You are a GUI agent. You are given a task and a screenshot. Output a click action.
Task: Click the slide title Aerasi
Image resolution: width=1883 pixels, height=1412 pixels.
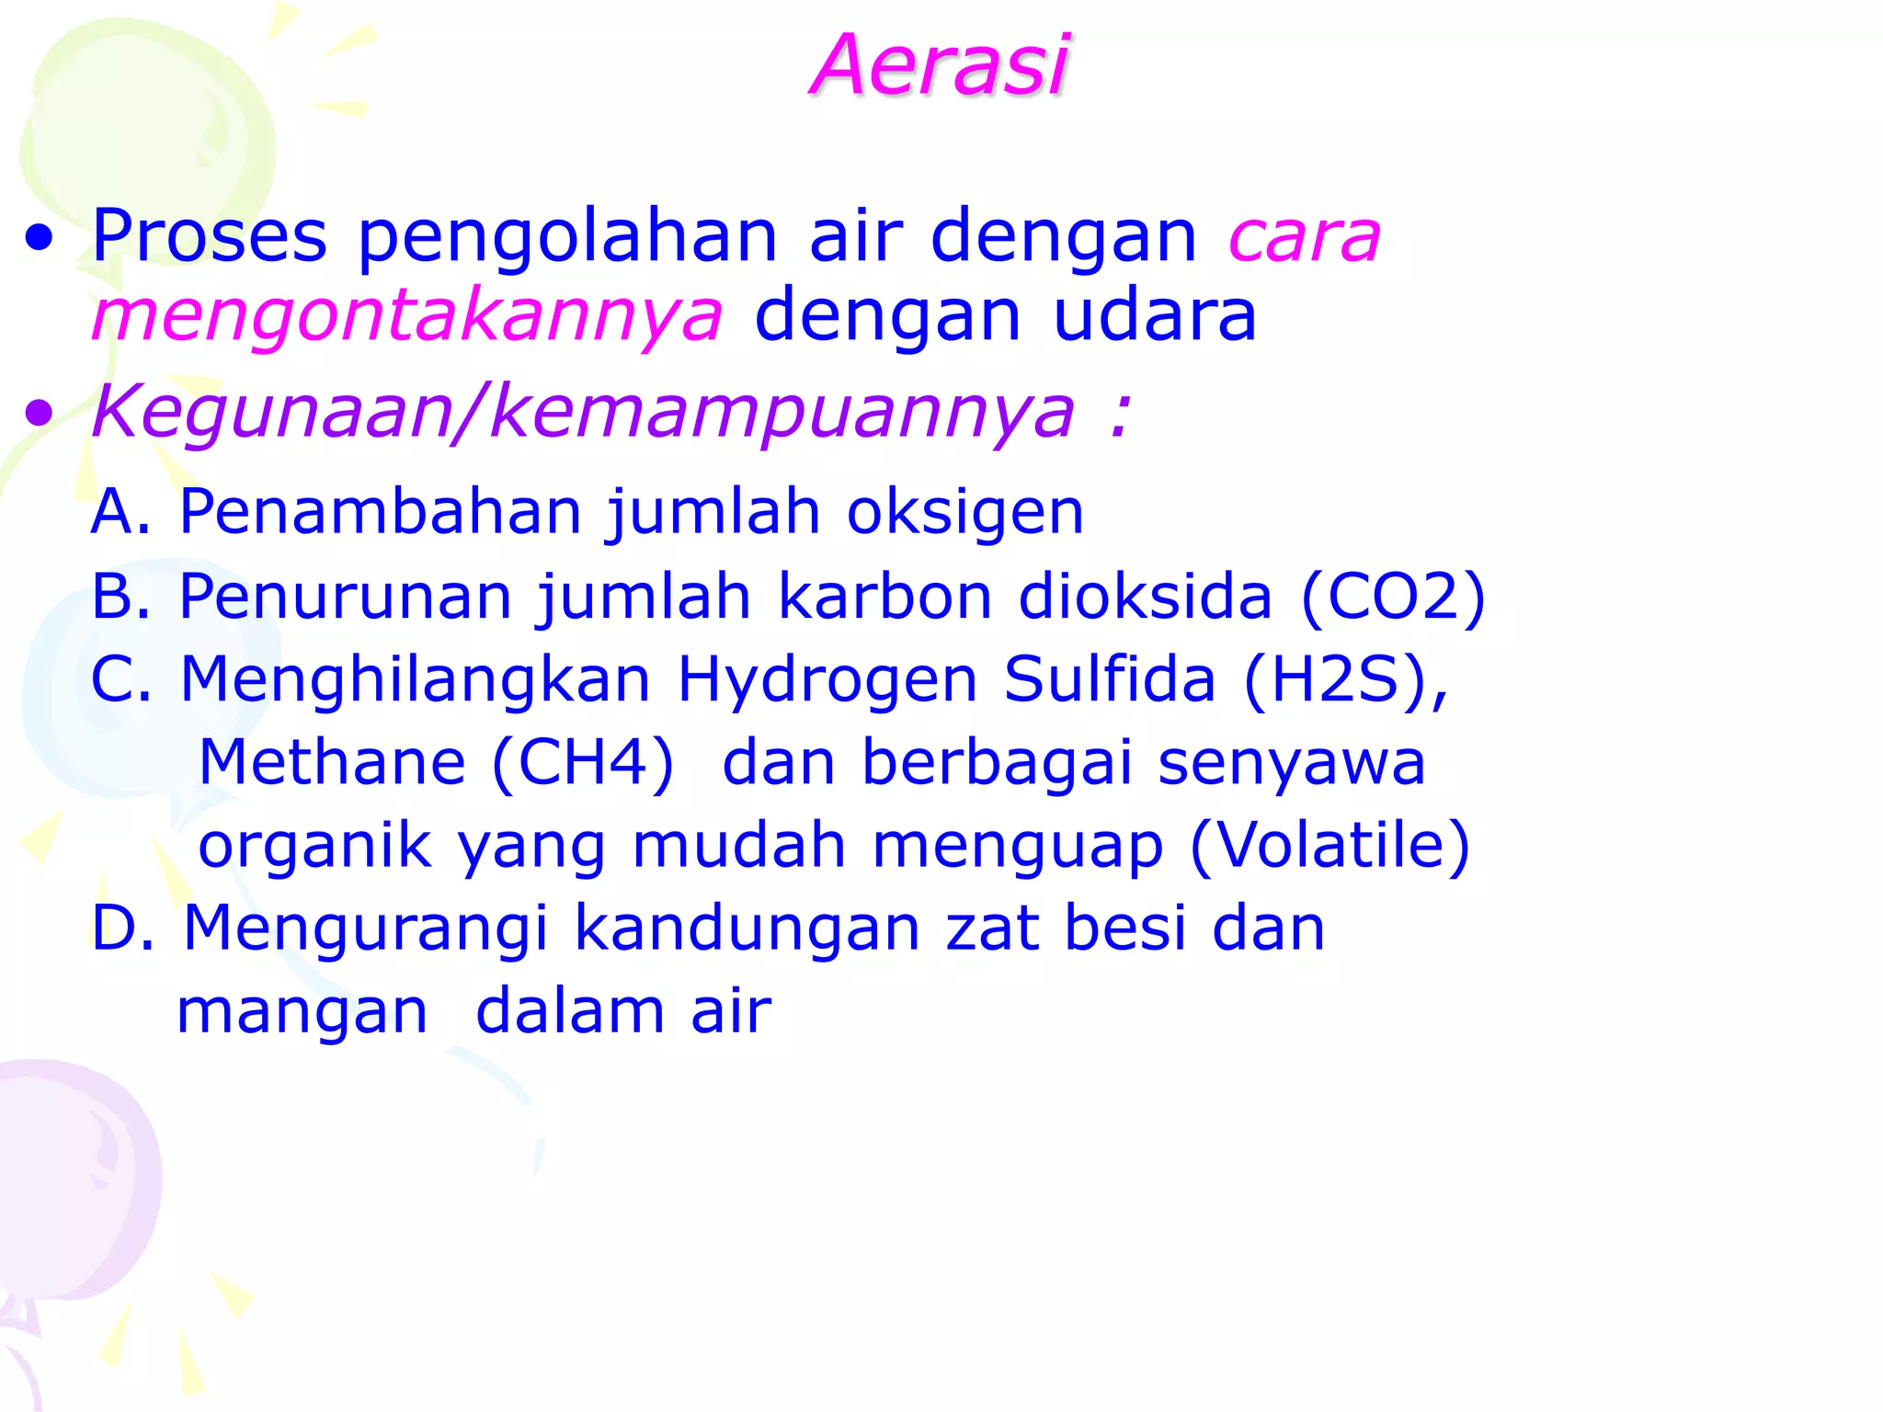coord(940,64)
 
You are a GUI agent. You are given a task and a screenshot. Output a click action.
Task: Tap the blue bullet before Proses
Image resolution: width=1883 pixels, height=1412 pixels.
coord(40,240)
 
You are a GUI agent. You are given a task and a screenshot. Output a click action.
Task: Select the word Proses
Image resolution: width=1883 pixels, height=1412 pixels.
coord(210,235)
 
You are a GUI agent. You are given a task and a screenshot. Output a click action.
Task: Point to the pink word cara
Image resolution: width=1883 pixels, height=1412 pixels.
coord(1304,237)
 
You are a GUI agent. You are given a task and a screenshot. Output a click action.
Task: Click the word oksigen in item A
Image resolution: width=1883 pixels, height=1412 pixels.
coord(964,513)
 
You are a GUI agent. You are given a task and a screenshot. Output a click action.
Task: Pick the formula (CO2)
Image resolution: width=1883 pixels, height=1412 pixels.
coord(1393,598)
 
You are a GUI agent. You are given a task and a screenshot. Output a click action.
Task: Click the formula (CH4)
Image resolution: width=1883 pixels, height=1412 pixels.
coord(583,763)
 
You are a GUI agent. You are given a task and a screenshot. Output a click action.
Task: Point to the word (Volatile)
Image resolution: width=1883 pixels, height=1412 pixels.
coord(1330,846)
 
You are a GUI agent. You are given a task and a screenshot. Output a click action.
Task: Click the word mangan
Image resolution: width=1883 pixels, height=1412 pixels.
coord(302,1011)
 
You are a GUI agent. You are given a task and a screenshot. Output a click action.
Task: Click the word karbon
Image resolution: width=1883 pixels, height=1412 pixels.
coord(884,598)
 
